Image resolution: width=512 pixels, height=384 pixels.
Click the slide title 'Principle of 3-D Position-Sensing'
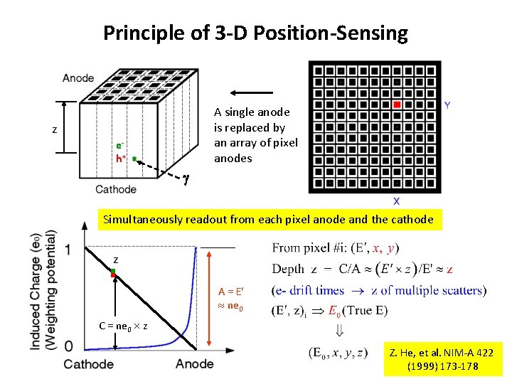point(255,33)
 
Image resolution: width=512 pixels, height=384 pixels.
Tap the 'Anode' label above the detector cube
point(78,78)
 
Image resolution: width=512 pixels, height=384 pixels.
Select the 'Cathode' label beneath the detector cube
point(115,190)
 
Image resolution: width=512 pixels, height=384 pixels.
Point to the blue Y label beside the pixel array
point(447,105)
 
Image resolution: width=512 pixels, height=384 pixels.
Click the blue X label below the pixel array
point(396,201)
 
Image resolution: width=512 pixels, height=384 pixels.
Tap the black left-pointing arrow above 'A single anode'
point(252,92)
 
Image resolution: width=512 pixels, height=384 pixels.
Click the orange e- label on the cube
point(121,146)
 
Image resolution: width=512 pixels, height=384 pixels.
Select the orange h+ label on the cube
point(121,159)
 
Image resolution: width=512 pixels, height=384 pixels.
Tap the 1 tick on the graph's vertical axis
point(68,249)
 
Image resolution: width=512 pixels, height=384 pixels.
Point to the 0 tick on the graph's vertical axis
point(68,346)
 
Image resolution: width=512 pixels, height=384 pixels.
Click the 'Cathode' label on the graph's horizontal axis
point(89,364)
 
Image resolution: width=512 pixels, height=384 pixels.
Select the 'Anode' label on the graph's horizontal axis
point(194,364)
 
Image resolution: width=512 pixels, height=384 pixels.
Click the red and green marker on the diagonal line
point(112,272)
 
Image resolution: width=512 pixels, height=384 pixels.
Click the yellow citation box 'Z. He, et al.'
point(442,360)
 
